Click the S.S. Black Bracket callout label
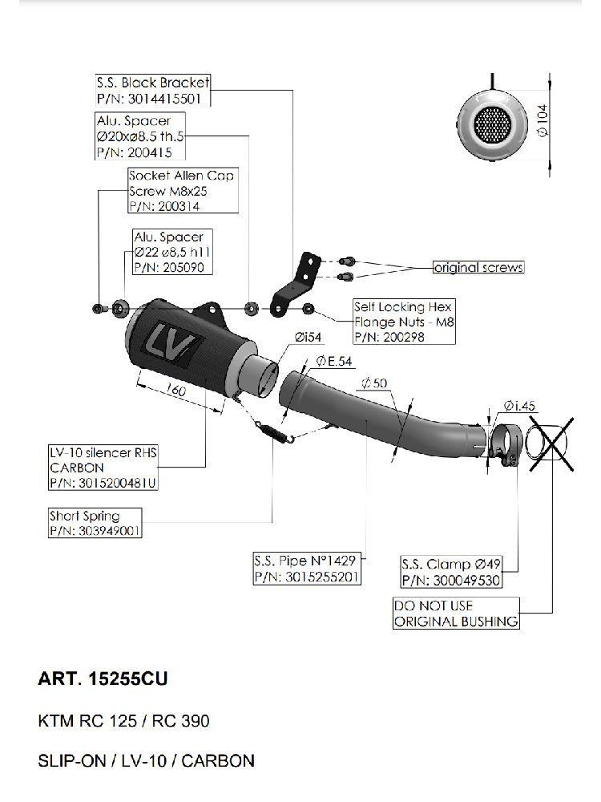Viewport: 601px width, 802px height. click(x=152, y=91)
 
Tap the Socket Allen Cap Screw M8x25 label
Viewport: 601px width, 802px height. click(x=184, y=183)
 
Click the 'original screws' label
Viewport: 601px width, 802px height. click(x=478, y=267)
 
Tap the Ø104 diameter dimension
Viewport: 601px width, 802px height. click(x=542, y=124)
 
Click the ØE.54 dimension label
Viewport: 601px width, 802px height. click(x=334, y=362)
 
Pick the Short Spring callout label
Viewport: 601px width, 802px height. click(x=95, y=523)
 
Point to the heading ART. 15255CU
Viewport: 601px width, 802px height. click(x=103, y=679)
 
